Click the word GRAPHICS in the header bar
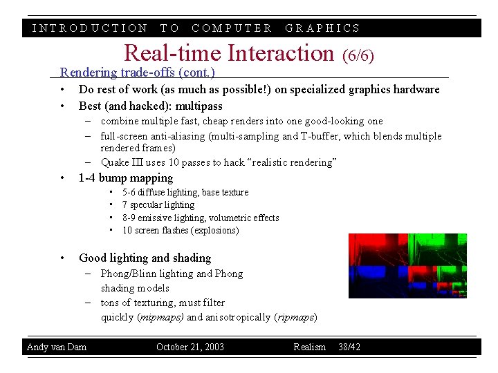pos(323,28)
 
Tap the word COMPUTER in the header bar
pos(232,28)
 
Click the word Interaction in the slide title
pos(280,52)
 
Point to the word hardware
pos(414,89)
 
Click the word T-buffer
pos(320,136)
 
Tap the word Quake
pos(115,162)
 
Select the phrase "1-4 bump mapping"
pos(126,178)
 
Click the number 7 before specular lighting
pos(124,205)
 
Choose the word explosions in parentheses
pos(214,231)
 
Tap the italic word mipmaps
pos(162,317)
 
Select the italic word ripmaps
pos(295,317)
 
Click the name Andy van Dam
pos(57,347)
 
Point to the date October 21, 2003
pos(190,347)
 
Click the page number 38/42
pos(349,347)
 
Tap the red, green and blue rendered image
pos(407,265)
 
